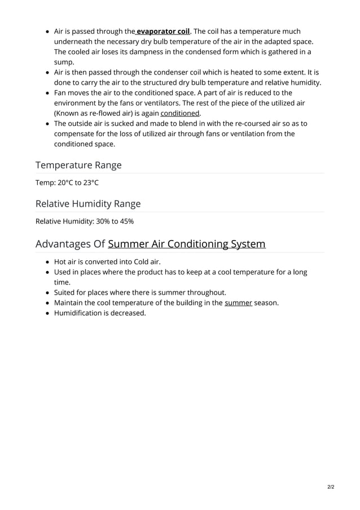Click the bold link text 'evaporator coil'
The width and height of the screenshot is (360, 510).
pos(163,31)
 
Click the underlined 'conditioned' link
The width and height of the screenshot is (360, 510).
pos(180,113)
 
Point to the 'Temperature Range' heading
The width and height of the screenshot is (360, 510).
pos(78,165)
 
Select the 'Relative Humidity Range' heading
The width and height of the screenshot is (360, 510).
pos(88,203)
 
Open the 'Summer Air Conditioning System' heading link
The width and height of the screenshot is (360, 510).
pos(186,244)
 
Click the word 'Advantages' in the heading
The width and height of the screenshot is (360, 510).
pos(63,244)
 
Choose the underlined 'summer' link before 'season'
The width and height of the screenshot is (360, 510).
pos(238,303)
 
